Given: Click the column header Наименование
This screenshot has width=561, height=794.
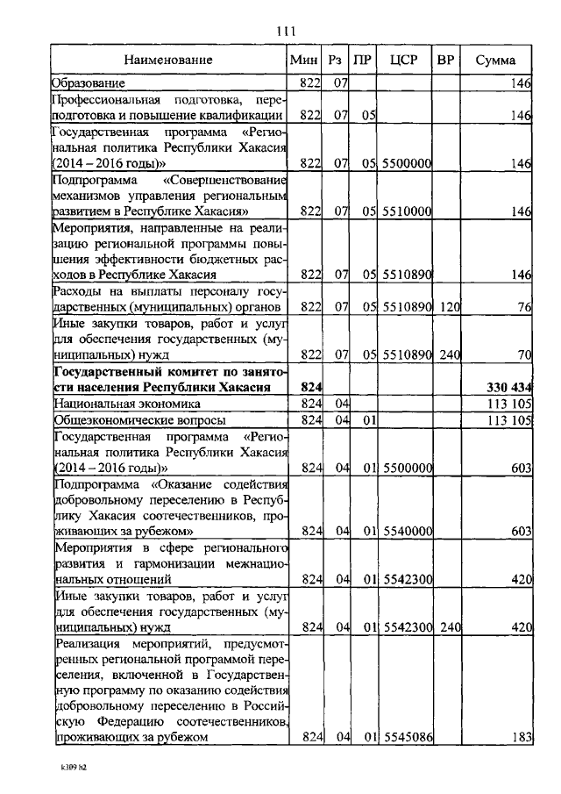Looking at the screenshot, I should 168,61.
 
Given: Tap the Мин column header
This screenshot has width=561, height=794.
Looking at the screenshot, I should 304,61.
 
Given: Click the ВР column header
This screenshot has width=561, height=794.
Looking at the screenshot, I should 445,61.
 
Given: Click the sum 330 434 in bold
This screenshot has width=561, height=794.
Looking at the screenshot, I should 509,388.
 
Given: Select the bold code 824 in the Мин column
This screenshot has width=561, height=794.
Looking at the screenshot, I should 311,388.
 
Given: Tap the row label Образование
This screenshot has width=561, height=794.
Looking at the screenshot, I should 88,83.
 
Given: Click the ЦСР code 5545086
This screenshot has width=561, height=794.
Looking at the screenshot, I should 408,738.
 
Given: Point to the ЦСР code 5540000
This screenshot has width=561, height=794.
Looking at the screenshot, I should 408,532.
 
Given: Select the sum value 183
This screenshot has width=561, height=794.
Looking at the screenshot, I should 522,738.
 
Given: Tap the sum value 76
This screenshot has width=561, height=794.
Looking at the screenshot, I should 525,307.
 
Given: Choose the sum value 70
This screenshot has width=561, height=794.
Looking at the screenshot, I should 525,354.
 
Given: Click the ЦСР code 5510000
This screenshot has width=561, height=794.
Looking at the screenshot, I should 408,211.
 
